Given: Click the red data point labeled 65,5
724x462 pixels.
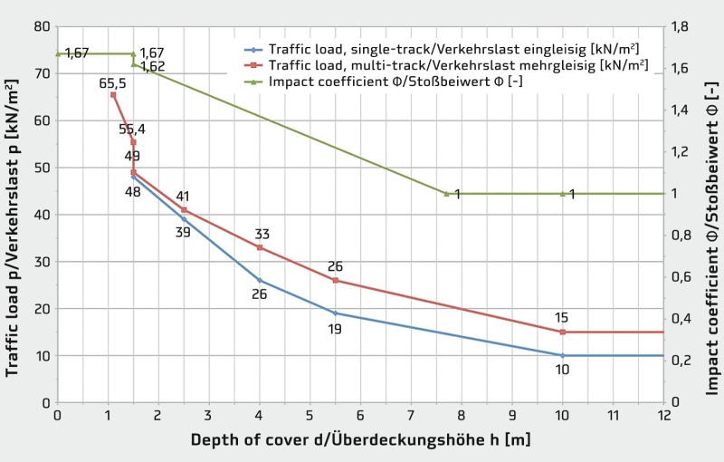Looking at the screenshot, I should (113, 95).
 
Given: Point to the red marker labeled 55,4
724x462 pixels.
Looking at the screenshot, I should (133, 142).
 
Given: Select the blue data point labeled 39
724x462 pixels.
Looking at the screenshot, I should (184, 219).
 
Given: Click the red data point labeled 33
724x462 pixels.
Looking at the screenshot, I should (260, 247).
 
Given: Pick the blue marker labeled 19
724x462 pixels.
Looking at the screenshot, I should (336, 313).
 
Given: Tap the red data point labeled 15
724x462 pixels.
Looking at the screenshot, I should (563, 332).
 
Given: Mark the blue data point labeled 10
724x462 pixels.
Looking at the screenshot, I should (563, 355).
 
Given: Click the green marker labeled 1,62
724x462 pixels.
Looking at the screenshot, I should (133, 63).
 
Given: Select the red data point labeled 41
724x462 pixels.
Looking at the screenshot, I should (184, 209).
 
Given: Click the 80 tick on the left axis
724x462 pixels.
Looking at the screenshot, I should (41, 26).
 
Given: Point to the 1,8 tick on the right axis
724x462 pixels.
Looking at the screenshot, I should (680, 26).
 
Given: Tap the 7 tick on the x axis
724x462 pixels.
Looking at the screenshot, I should (412, 415).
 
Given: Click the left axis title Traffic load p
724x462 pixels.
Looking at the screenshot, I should (14, 213).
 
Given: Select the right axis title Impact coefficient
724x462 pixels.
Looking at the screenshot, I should (712, 214).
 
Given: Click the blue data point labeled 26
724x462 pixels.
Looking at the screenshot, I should (260, 280).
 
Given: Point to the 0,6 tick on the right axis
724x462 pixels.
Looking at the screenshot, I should (680, 277).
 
